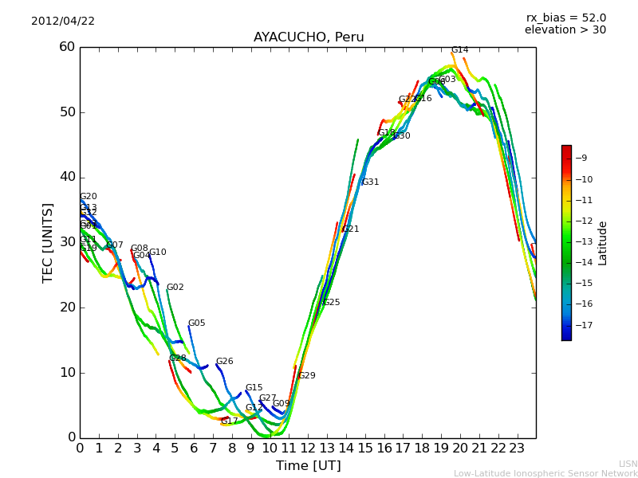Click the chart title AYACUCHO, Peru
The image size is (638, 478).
pyautogui.click(x=309, y=37)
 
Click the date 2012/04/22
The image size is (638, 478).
pyautogui.click(x=63, y=22)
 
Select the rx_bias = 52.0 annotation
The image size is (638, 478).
pyautogui.click(x=565, y=18)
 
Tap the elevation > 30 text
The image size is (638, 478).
pyautogui.click(x=565, y=30)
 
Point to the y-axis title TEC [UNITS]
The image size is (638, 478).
pyautogui.click(x=48, y=242)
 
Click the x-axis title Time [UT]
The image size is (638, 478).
pyautogui.click(x=308, y=466)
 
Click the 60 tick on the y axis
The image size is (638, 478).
pyautogui.click(x=66, y=47)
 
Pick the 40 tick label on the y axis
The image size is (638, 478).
pyautogui.click(x=66, y=177)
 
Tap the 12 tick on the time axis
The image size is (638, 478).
pyautogui.click(x=308, y=448)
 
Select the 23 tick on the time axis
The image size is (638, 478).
pyautogui.click(x=517, y=448)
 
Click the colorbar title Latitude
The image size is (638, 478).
pyautogui.click(x=603, y=243)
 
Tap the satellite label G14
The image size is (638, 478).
pyautogui.click(x=459, y=50)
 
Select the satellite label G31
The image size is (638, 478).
pyautogui.click(x=370, y=182)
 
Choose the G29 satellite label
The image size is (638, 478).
pyautogui.click(x=306, y=376)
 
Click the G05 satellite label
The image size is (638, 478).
pyautogui.click(x=196, y=323)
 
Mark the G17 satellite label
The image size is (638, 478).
pyautogui.click(x=229, y=421)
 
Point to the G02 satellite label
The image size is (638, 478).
pyautogui.click(x=175, y=288)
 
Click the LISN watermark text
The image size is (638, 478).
pyautogui.click(x=628, y=464)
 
